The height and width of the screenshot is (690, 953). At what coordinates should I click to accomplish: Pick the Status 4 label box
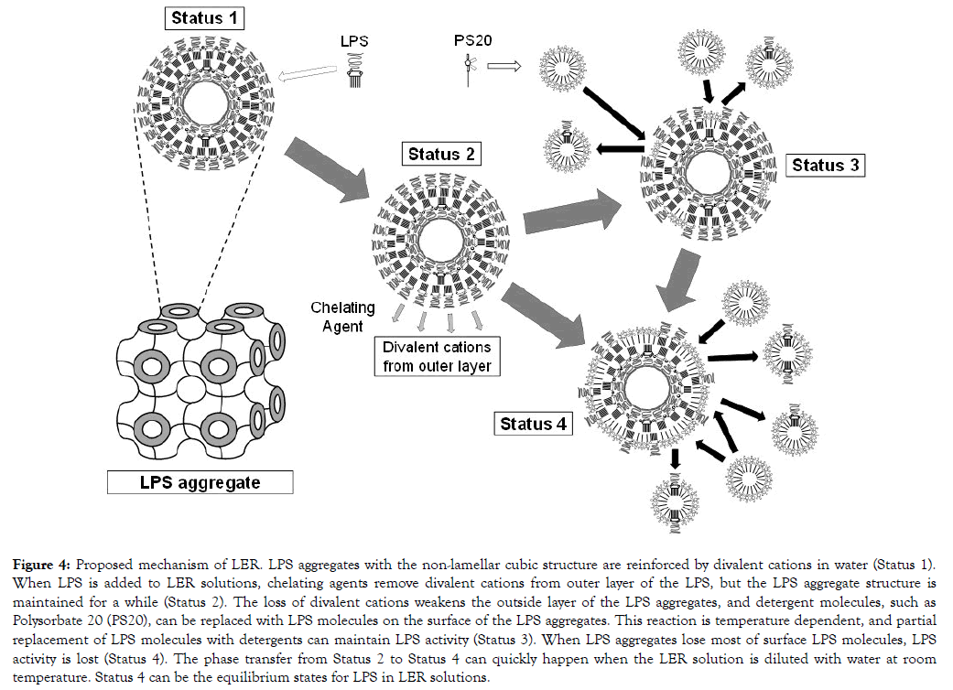(x=533, y=424)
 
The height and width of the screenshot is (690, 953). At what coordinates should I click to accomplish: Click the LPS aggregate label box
(x=200, y=482)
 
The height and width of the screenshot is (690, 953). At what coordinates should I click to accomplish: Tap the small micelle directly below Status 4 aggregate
(x=676, y=500)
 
